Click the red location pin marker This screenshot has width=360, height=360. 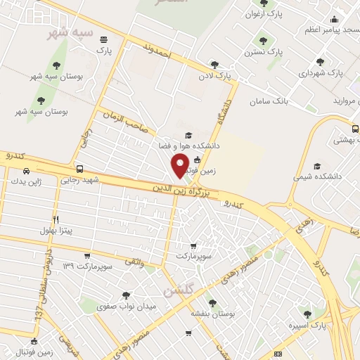(x=181, y=167)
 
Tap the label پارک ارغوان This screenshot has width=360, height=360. (x=262, y=13)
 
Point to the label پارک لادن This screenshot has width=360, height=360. (x=214, y=74)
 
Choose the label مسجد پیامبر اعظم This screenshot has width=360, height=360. (x=330, y=30)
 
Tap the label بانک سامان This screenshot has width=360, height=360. (x=269, y=102)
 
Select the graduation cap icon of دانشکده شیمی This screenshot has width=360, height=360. (x=317, y=167)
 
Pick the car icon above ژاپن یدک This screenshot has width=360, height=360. (x=27, y=171)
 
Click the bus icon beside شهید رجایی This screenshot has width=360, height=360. (x=80, y=169)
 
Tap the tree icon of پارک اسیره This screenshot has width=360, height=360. (x=306, y=314)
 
